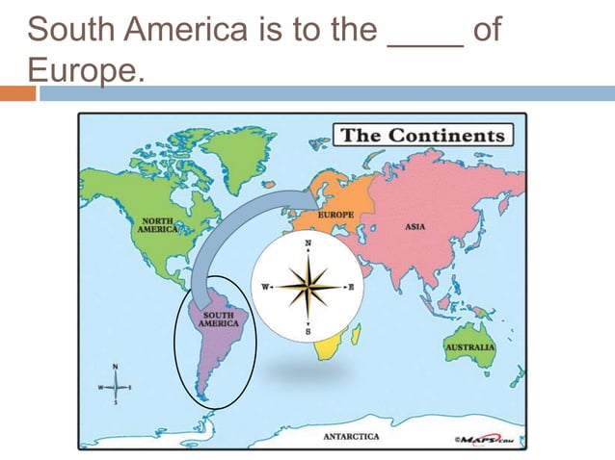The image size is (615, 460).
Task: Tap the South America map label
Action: (217, 319)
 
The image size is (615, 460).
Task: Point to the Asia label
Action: (416, 227)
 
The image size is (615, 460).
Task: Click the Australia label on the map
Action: (469, 346)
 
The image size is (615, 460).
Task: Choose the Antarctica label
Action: (351, 436)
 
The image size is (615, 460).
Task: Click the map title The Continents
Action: (421, 135)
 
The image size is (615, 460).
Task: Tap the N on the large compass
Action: (308, 244)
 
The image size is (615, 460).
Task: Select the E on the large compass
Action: (351, 287)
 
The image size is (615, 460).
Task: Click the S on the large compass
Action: (308, 331)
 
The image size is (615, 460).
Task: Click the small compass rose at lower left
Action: (116, 387)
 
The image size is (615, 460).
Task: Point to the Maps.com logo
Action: (484, 439)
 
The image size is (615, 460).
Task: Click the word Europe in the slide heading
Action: (83, 69)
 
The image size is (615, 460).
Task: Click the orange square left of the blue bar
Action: (17, 93)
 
